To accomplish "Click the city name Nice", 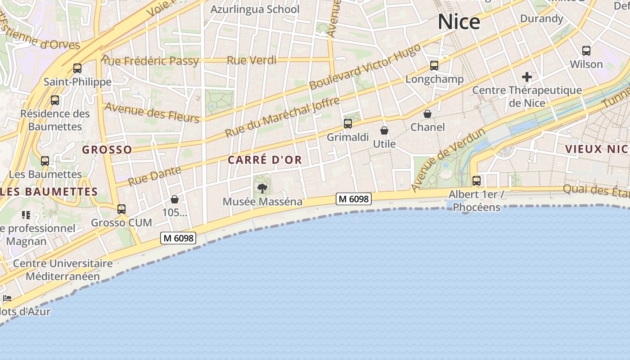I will pyautogui.click(x=459, y=22).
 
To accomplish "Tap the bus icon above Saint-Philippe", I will pyautogui.click(x=77, y=68).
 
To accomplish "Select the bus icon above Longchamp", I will pyautogui.click(x=434, y=66).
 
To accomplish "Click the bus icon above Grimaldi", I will pyautogui.click(x=348, y=124).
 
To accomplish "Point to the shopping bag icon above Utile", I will pyautogui.click(x=384, y=130).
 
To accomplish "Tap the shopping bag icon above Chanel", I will pyautogui.click(x=427, y=114).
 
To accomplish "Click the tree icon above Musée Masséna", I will pyautogui.click(x=262, y=188).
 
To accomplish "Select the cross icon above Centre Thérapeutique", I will pyautogui.click(x=527, y=77).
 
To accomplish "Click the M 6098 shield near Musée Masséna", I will pyautogui.click(x=354, y=198).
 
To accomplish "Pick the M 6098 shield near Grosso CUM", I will pyautogui.click(x=179, y=238).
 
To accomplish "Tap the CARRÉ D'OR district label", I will pyautogui.click(x=265, y=160).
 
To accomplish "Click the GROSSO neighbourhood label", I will pyautogui.click(x=107, y=150).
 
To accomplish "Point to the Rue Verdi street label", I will pyautogui.click(x=252, y=60).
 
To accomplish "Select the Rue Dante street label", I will pyautogui.click(x=154, y=175).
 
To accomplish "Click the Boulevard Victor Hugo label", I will pyautogui.click(x=365, y=66).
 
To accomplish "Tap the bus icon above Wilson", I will pyautogui.click(x=586, y=51).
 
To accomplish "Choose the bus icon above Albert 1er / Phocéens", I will pyautogui.click(x=477, y=181).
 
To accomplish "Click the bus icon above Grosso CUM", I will pyautogui.click(x=121, y=209).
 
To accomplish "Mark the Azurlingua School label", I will pyautogui.click(x=255, y=9).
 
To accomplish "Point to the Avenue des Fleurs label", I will pyautogui.click(x=152, y=112).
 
